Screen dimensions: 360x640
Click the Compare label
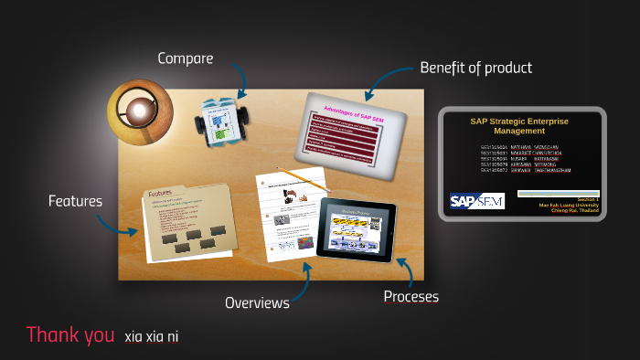[185, 58]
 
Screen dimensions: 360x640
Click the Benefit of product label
[475, 68]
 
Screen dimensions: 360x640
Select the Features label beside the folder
[75, 200]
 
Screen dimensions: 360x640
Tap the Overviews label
[257, 302]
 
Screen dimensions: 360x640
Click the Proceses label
[411, 297]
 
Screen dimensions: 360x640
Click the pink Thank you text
[70, 334]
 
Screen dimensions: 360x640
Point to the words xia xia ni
[152, 337]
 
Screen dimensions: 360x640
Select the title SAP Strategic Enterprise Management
[519, 125]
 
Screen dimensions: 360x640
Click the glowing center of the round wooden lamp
[139, 111]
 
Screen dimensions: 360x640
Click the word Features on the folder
[160, 194]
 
